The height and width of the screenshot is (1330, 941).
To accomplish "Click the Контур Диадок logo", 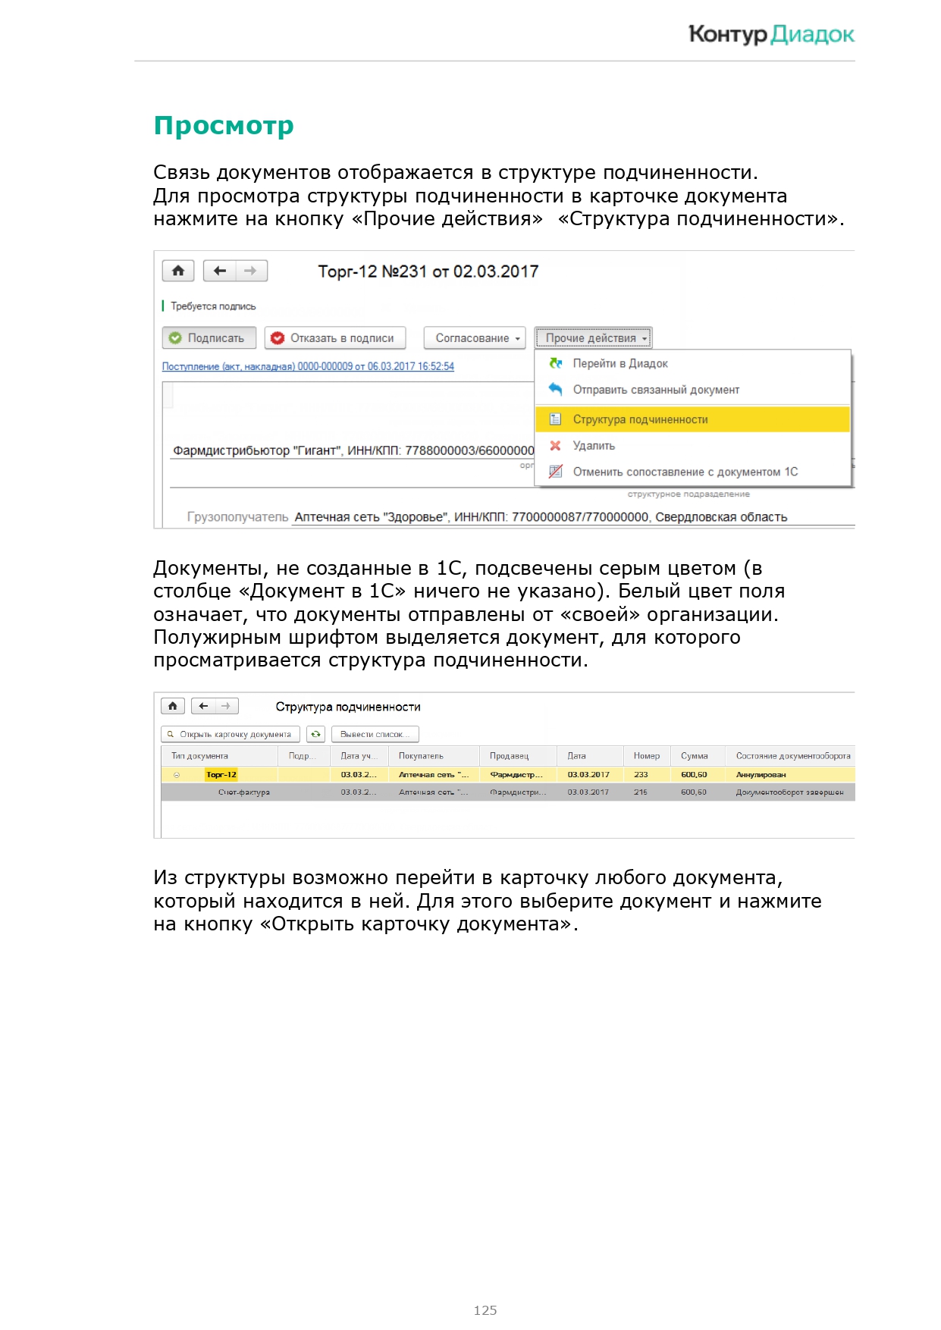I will (x=770, y=34).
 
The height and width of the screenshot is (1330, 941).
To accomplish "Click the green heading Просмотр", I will (x=224, y=125).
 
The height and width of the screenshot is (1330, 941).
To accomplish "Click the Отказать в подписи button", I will (x=334, y=338).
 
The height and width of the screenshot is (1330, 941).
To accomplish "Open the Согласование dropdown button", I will (x=474, y=338).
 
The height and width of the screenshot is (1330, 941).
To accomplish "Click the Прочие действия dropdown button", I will (x=593, y=338).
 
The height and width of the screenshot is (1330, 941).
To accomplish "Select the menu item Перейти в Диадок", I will (x=619, y=364).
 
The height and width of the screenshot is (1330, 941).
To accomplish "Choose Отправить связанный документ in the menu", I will (x=655, y=390).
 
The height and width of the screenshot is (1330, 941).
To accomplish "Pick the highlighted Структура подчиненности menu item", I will (x=640, y=419).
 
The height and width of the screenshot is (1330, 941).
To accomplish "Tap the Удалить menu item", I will (x=594, y=446).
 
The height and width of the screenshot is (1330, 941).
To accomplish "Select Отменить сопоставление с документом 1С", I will (x=685, y=472).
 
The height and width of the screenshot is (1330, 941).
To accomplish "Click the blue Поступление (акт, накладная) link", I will (x=308, y=366).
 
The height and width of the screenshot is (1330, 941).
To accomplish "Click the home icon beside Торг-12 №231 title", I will (x=178, y=271).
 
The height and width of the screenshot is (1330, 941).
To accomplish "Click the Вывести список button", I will (x=375, y=734).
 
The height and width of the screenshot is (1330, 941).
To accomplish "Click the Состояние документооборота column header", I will (x=792, y=756).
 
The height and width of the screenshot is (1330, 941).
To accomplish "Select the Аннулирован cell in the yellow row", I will (x=761, y=775).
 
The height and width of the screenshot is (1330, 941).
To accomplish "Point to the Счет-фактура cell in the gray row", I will (x=243, y=792).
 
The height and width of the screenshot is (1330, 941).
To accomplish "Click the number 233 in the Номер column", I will (x=641, y=775).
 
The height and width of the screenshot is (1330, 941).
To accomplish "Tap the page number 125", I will (x=485, y=1310).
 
